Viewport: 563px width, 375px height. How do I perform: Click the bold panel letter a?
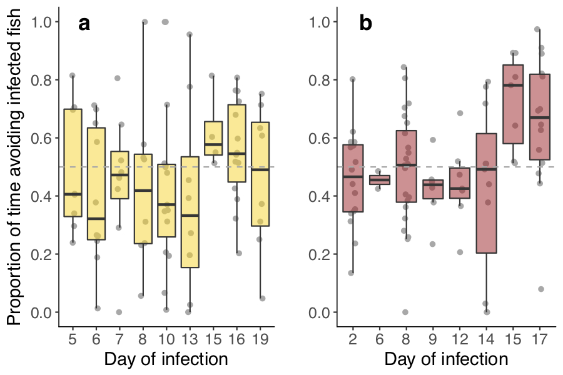(84, 24)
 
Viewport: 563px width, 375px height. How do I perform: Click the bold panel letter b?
(366, 24)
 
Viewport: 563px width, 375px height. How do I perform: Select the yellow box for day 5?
(73, 162)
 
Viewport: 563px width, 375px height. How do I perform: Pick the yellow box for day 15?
(213, 138)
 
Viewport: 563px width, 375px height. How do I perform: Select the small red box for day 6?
(379, 179)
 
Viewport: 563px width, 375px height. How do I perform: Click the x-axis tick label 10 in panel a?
(166, 339)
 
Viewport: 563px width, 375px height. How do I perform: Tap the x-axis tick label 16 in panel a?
(236, 339)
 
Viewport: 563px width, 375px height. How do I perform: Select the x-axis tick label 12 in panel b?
(460, 339)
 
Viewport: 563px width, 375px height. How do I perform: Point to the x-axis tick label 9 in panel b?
(433, 339)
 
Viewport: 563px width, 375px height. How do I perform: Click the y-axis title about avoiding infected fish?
(16, 166)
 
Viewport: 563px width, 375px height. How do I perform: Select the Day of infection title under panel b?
(446, 360)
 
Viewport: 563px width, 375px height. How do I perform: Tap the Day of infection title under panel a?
(166, 360)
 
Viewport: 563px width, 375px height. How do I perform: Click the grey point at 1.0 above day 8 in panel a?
(145, 22)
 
